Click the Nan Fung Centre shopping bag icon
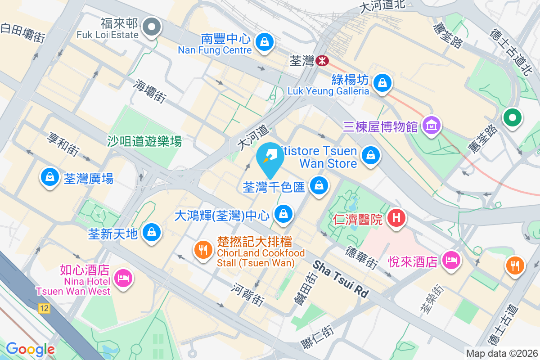(x=265, y=42)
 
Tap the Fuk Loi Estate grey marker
(x=152, y=27)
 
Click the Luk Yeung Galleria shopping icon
(x=382, y=83)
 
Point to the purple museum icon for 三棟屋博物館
(x=432, y=126)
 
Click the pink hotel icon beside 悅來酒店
(x=451, y=260)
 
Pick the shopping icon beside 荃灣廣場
(x=49, y=177)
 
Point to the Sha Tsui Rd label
(x=341, y=279)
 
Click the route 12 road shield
(x=44, y=308)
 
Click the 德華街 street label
(x=361, y=257)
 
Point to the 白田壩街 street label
(x=22, y=33)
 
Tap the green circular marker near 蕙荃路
(x=513, y=118)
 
